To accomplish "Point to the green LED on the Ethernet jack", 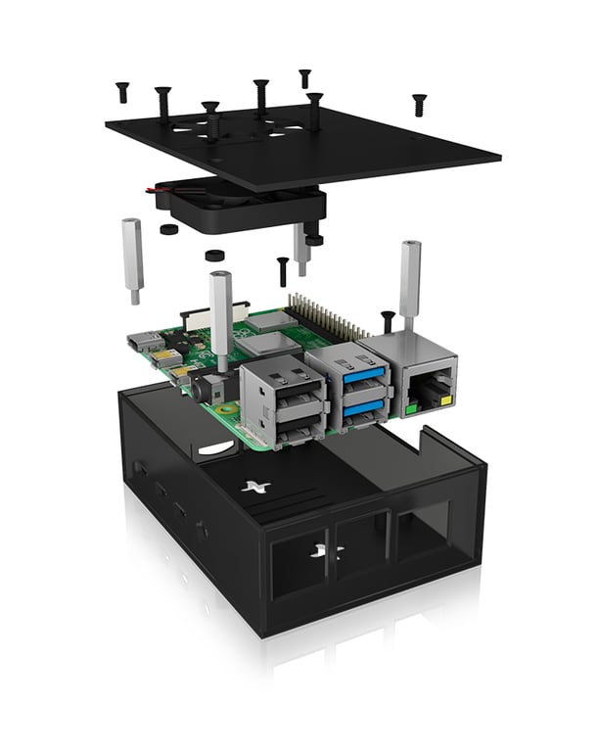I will pos(412,401).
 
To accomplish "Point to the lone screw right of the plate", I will pos(419,102).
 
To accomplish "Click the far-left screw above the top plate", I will pos(122,92).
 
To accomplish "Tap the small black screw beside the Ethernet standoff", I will pos(388,321).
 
